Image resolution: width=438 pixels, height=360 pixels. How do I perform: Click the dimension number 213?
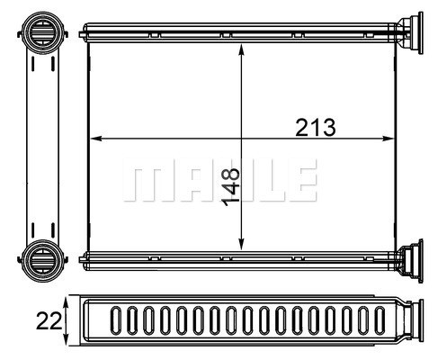316,128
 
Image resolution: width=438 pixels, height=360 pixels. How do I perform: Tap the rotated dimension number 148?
230,187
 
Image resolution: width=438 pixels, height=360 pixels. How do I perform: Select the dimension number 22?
49,320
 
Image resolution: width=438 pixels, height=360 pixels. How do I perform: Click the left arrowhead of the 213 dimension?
96,139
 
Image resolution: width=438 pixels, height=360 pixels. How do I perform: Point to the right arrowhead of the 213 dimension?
388,139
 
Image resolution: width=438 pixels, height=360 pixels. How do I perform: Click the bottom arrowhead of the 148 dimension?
241,244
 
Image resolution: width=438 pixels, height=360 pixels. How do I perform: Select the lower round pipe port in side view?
43,260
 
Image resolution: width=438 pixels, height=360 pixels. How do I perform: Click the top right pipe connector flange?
410,33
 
